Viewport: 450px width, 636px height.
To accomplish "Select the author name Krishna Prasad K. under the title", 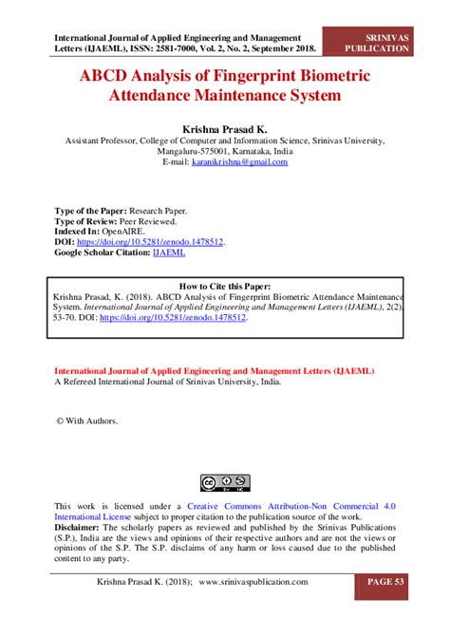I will pos(224,125).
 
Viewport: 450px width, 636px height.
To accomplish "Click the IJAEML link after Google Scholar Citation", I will pos(169,253).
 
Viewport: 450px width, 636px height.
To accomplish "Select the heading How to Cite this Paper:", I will pos(225,285).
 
